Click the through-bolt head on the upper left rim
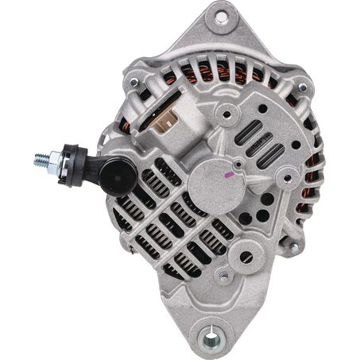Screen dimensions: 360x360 [134, 82]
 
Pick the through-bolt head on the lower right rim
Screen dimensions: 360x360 [294, 247]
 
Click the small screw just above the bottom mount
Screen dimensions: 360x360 [225, 276]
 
